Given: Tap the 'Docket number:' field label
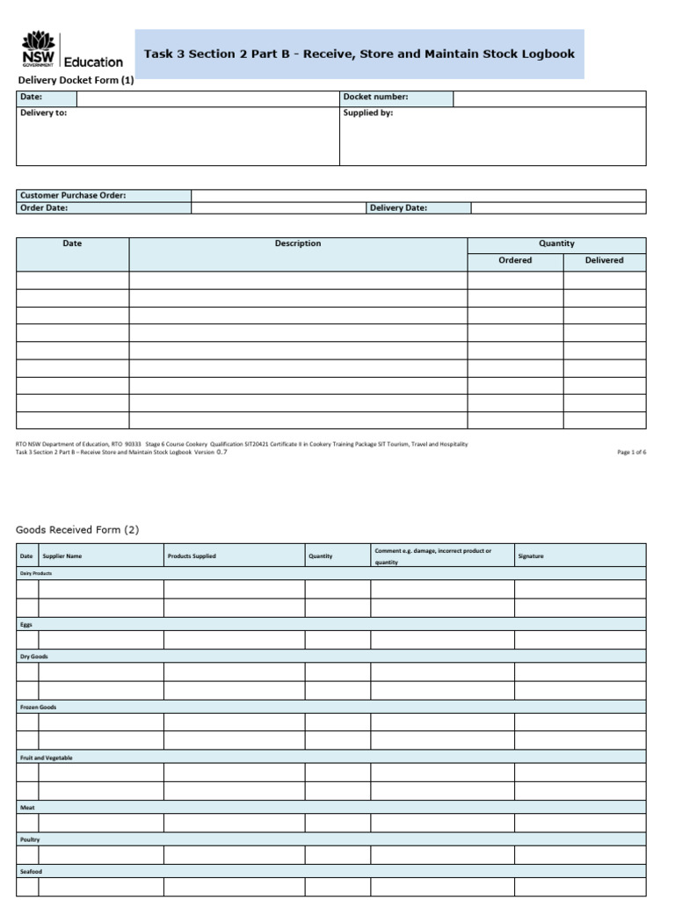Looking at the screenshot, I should tap(375, 98).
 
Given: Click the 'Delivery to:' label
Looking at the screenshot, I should tap(43, 113).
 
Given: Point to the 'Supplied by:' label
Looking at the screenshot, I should tap(367, 113).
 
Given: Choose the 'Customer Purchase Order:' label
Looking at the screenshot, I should tap(73, 195).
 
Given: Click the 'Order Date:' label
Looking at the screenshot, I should tap(44, 208).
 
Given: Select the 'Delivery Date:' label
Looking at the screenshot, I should tap(398, 208).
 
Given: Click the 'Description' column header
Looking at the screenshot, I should tap(298, 243).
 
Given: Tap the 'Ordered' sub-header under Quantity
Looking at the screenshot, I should tap(515, 260).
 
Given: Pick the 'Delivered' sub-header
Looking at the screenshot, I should tap(605, 260).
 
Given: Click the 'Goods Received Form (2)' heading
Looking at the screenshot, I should tap(77, 529).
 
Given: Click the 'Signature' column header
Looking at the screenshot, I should tap(531, 556).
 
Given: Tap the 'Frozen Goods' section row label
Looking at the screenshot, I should tap(38, 707).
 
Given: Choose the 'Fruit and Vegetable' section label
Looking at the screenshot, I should tap(47, 758).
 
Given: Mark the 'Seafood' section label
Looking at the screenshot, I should tap(31, 871).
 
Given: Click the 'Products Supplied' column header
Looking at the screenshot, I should tap(192, 556).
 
